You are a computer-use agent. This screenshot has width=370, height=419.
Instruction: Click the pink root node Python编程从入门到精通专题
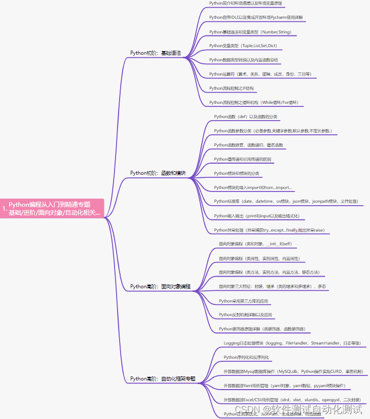click(x=52, y=208)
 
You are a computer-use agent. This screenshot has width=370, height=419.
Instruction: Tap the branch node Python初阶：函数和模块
click(x=158, y=173)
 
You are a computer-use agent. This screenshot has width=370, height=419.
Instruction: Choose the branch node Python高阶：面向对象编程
click(x=160, y=287)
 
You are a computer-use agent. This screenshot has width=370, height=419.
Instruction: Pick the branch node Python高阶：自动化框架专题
click(x=163, y=378)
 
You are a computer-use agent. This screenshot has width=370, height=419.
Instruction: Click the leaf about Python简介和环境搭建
click(x=245, y=3)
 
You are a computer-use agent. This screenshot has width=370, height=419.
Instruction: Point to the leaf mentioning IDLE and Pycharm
click(x=256, y=17)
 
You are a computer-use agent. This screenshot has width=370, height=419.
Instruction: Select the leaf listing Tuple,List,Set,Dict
click(x=243, y=46)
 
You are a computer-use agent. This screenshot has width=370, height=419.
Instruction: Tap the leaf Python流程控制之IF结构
click(x=231, y=88)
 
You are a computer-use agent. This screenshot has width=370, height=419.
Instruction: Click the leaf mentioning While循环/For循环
click(x=253, y=102)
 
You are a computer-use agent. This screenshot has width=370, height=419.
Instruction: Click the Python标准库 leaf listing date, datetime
click(x=286, y=201)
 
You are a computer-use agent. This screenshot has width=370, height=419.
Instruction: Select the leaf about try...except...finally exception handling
click(x=269, y=230)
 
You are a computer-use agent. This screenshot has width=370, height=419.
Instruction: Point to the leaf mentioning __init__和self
click(x=255, y=244)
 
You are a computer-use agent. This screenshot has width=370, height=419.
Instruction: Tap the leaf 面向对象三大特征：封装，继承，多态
click(x=272, y=287)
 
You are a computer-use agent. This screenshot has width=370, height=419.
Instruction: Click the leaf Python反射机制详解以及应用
click(x=245, y=315)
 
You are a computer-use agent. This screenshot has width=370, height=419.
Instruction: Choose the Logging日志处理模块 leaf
click(x=292, y=343)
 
